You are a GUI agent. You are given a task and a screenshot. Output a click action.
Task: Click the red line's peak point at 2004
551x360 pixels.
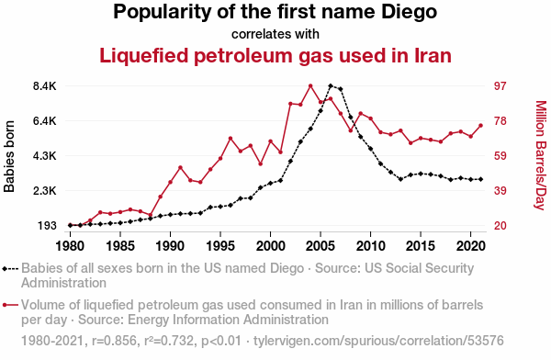(310, 85)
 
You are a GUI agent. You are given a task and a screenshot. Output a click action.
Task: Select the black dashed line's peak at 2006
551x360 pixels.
(331, 85)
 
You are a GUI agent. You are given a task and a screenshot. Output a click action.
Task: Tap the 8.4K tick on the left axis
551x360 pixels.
(45, 86)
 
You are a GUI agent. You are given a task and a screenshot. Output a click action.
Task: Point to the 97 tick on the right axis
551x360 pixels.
(500, 86)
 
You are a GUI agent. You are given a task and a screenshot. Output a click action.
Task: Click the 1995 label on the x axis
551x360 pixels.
(220, 246)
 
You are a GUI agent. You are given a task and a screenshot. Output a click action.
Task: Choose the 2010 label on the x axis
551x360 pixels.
(370, 246)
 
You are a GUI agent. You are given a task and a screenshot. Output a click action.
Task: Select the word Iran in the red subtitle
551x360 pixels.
(433, 55)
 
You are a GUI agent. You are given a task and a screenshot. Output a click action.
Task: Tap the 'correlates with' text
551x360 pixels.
(275, 34)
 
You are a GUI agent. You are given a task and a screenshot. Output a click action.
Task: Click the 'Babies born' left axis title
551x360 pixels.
(9, 156)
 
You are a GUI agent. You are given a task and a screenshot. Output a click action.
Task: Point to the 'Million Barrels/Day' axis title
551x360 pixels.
(541, 155)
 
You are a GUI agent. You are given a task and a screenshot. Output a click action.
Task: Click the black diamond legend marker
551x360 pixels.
(5, 269)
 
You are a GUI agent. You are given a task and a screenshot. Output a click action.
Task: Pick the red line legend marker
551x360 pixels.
(10, 305)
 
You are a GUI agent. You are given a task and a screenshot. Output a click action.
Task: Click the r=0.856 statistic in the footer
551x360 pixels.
(114, 341)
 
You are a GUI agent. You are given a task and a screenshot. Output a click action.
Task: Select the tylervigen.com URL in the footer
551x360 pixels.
(378, 341)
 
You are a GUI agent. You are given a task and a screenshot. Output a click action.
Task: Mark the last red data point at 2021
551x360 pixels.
(480, 126)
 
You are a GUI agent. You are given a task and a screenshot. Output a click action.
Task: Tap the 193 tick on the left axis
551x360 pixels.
(47, 226)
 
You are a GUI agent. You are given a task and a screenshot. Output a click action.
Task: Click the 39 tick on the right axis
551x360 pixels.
(500, 191)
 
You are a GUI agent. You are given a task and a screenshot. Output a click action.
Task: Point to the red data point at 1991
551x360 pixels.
(180, 167)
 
